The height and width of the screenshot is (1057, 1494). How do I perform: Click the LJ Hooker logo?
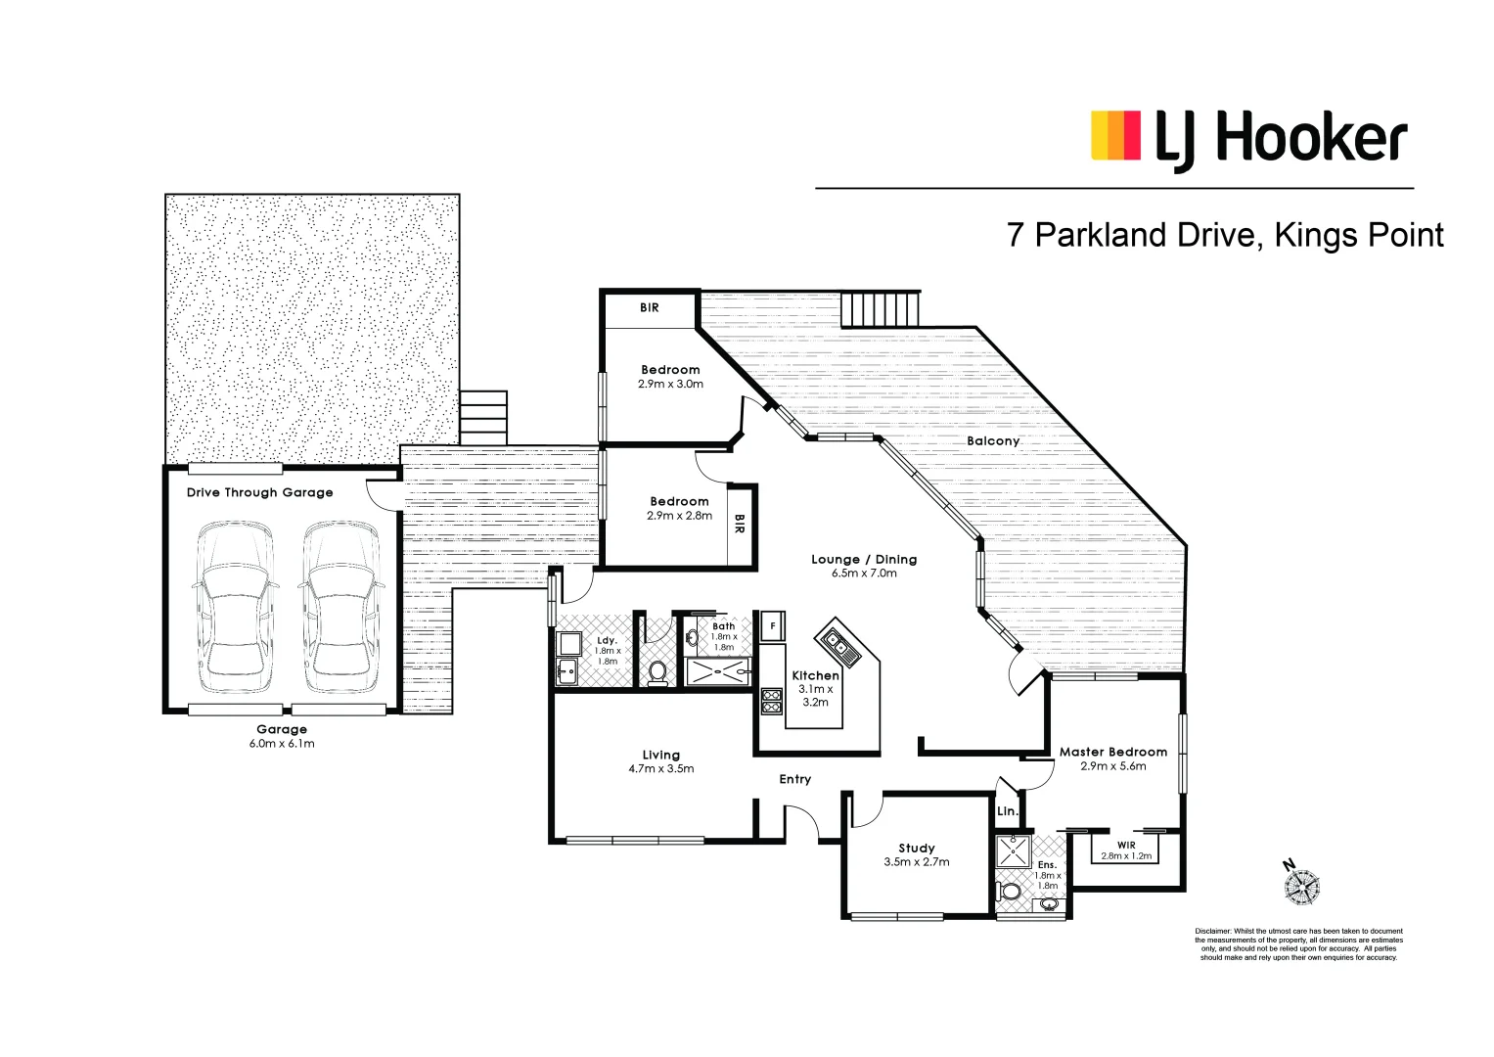coord(1248,138)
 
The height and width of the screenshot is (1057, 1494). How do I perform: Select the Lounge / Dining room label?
coord(864,560)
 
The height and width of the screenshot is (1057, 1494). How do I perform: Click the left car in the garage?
coord(235,608)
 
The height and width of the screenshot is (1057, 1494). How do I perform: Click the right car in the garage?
coord(339,608)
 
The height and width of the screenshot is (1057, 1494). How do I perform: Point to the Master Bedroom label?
coord(1113,752)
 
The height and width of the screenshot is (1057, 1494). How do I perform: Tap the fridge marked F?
coord(773,625)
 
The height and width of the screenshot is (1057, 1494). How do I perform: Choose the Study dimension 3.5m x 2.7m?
coord(917,862)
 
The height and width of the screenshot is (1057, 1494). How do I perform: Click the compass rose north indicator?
coord(1300,884)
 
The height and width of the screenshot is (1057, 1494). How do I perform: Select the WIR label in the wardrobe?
coord(1126,845)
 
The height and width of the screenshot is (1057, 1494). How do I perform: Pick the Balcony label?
coord(993,441)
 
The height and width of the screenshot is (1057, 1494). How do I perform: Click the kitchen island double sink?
coord(838,644)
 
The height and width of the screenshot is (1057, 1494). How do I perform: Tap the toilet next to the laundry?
coord(657,671)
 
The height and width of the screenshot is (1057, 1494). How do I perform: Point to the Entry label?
coord(794,779)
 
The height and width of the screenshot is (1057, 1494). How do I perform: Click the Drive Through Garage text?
coord(260,492)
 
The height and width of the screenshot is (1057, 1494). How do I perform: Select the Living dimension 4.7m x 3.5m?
coord(661,769)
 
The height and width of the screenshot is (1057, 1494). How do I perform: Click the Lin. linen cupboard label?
coord(1007,811)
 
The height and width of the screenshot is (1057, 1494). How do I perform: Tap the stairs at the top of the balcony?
coord(881,309)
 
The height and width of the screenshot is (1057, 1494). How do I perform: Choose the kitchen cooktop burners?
coord(772,700)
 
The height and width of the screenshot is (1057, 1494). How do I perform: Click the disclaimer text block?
coord(1298,944)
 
